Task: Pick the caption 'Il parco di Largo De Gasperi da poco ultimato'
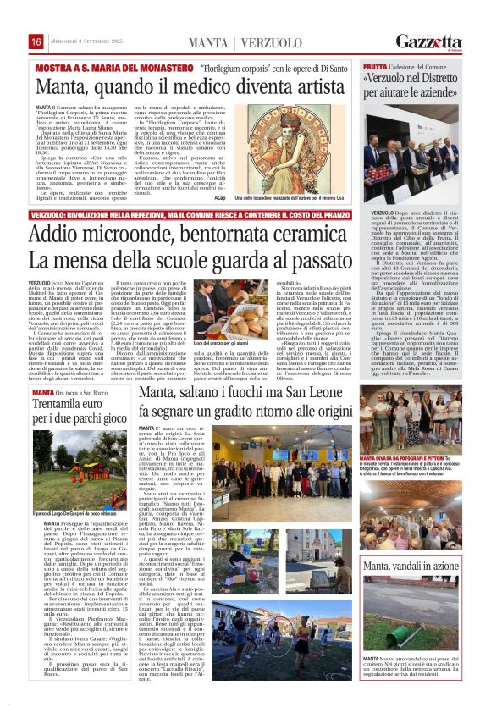pos(70,513)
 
